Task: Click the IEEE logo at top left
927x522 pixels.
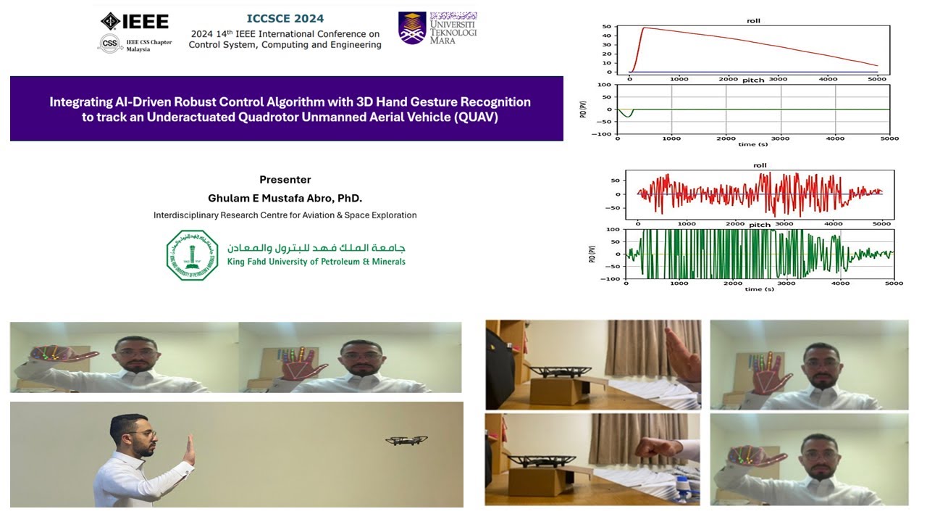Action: (135, 21)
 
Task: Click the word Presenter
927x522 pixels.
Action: (285, 180)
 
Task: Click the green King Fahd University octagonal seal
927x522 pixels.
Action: (192, 255)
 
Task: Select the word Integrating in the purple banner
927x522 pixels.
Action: (82, 101)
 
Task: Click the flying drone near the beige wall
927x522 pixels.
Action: (406, 440)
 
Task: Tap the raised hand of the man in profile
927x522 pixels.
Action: (188, 449)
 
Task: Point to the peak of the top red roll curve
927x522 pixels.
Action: (644, 28)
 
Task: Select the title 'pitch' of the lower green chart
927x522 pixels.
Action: (759, 225)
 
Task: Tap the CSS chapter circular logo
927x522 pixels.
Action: (109, 44)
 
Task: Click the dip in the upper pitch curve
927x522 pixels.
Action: (628, 115)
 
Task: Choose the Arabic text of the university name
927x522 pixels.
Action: (316, 247)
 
